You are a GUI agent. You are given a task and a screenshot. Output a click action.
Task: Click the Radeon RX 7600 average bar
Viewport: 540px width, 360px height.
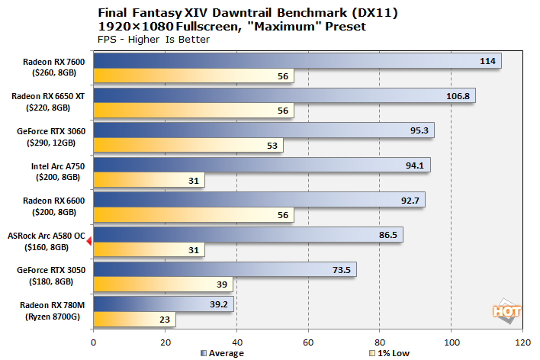coord(297,60)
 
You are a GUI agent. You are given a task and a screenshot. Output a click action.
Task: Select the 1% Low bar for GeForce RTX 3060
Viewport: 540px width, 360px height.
coord(188,145)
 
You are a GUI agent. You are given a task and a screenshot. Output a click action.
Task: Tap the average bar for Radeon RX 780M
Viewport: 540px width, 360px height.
coord(163,304)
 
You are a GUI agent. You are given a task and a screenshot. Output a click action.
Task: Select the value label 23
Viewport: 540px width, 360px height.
coord(164,320)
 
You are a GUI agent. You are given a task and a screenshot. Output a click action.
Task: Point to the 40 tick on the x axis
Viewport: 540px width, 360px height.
coord(236,342)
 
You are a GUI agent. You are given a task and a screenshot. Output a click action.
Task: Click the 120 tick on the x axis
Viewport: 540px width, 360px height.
coord(522,342)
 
